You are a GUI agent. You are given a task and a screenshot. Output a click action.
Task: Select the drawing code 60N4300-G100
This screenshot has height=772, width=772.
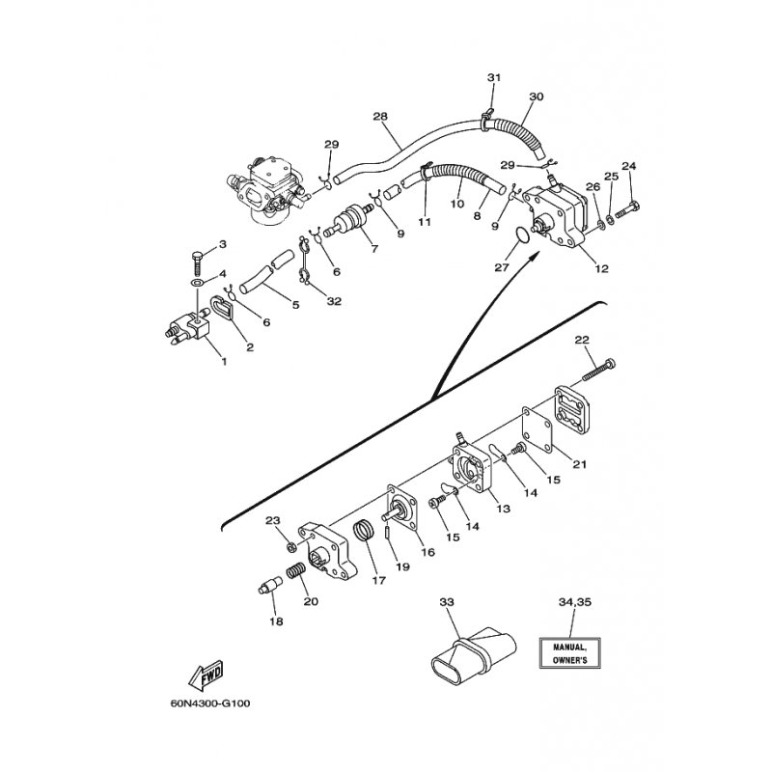(210, 703)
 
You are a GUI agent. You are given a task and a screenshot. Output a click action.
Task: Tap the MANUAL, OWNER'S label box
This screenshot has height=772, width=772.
(569, 653)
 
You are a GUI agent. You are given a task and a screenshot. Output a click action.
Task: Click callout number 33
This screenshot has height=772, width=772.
(447, 602)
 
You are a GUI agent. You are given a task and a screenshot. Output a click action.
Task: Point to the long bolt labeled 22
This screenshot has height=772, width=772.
(599, 370)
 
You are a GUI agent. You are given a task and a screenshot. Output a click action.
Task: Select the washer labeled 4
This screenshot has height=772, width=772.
(199, 284)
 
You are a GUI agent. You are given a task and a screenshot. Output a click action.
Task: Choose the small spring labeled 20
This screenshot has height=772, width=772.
(296, 572)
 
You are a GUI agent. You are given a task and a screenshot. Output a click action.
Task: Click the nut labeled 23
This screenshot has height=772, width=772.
(291, 546)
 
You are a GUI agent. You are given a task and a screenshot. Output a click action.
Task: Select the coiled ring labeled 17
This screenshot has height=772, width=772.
(365, 533)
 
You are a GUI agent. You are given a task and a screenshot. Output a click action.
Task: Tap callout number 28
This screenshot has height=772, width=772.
(380, 116)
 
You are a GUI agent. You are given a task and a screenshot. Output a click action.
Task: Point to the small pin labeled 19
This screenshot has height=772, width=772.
(388, 533)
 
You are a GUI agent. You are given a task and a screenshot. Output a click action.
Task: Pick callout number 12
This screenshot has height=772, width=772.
(601, 268)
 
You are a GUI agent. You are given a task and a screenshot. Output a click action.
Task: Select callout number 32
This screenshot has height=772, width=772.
(334, 301)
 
